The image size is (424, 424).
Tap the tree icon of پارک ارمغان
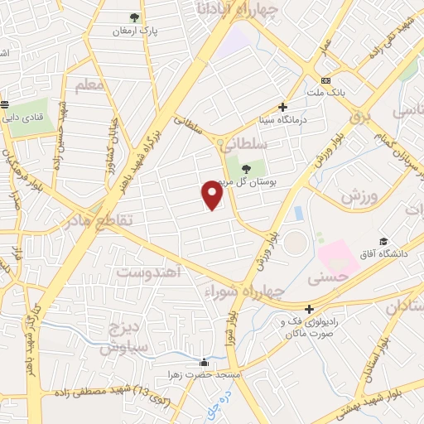pos(135,17)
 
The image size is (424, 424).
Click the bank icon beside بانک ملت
pos(327,80)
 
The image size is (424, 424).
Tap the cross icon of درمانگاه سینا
pos(283,107)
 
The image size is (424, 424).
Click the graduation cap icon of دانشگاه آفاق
pos(383,238)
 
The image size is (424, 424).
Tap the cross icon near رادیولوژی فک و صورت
pos(309,309)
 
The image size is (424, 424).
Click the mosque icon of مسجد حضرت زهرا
pos(205,362)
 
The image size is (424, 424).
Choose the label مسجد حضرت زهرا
pos(205,375)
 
